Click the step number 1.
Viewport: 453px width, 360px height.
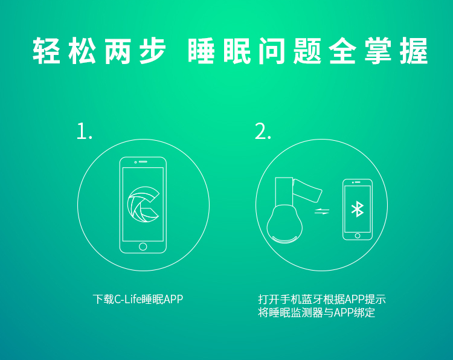(x=84, y=132)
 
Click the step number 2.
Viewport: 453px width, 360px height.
(x=263, y=132)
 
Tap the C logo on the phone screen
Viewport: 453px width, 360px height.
(x=143, y=204)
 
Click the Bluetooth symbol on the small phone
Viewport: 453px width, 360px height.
(x=358, y=209)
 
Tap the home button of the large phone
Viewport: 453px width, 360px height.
(x=143, y=246)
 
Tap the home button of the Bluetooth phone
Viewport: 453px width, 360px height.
(x=358, y=236)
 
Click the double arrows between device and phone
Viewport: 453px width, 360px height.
(x=322, y=211)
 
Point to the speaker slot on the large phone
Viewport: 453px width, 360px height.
(x=143, y=162)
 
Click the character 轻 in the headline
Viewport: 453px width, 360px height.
(x=47, y=51)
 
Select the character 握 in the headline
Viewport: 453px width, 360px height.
(x=414, y=51)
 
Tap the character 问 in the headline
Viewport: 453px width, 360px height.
(x=272, y=51)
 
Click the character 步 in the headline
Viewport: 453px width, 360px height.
(x=153, y=51)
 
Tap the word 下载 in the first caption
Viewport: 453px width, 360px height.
(x=103, y=299)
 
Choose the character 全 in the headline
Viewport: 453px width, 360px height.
(x=342, y=51)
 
